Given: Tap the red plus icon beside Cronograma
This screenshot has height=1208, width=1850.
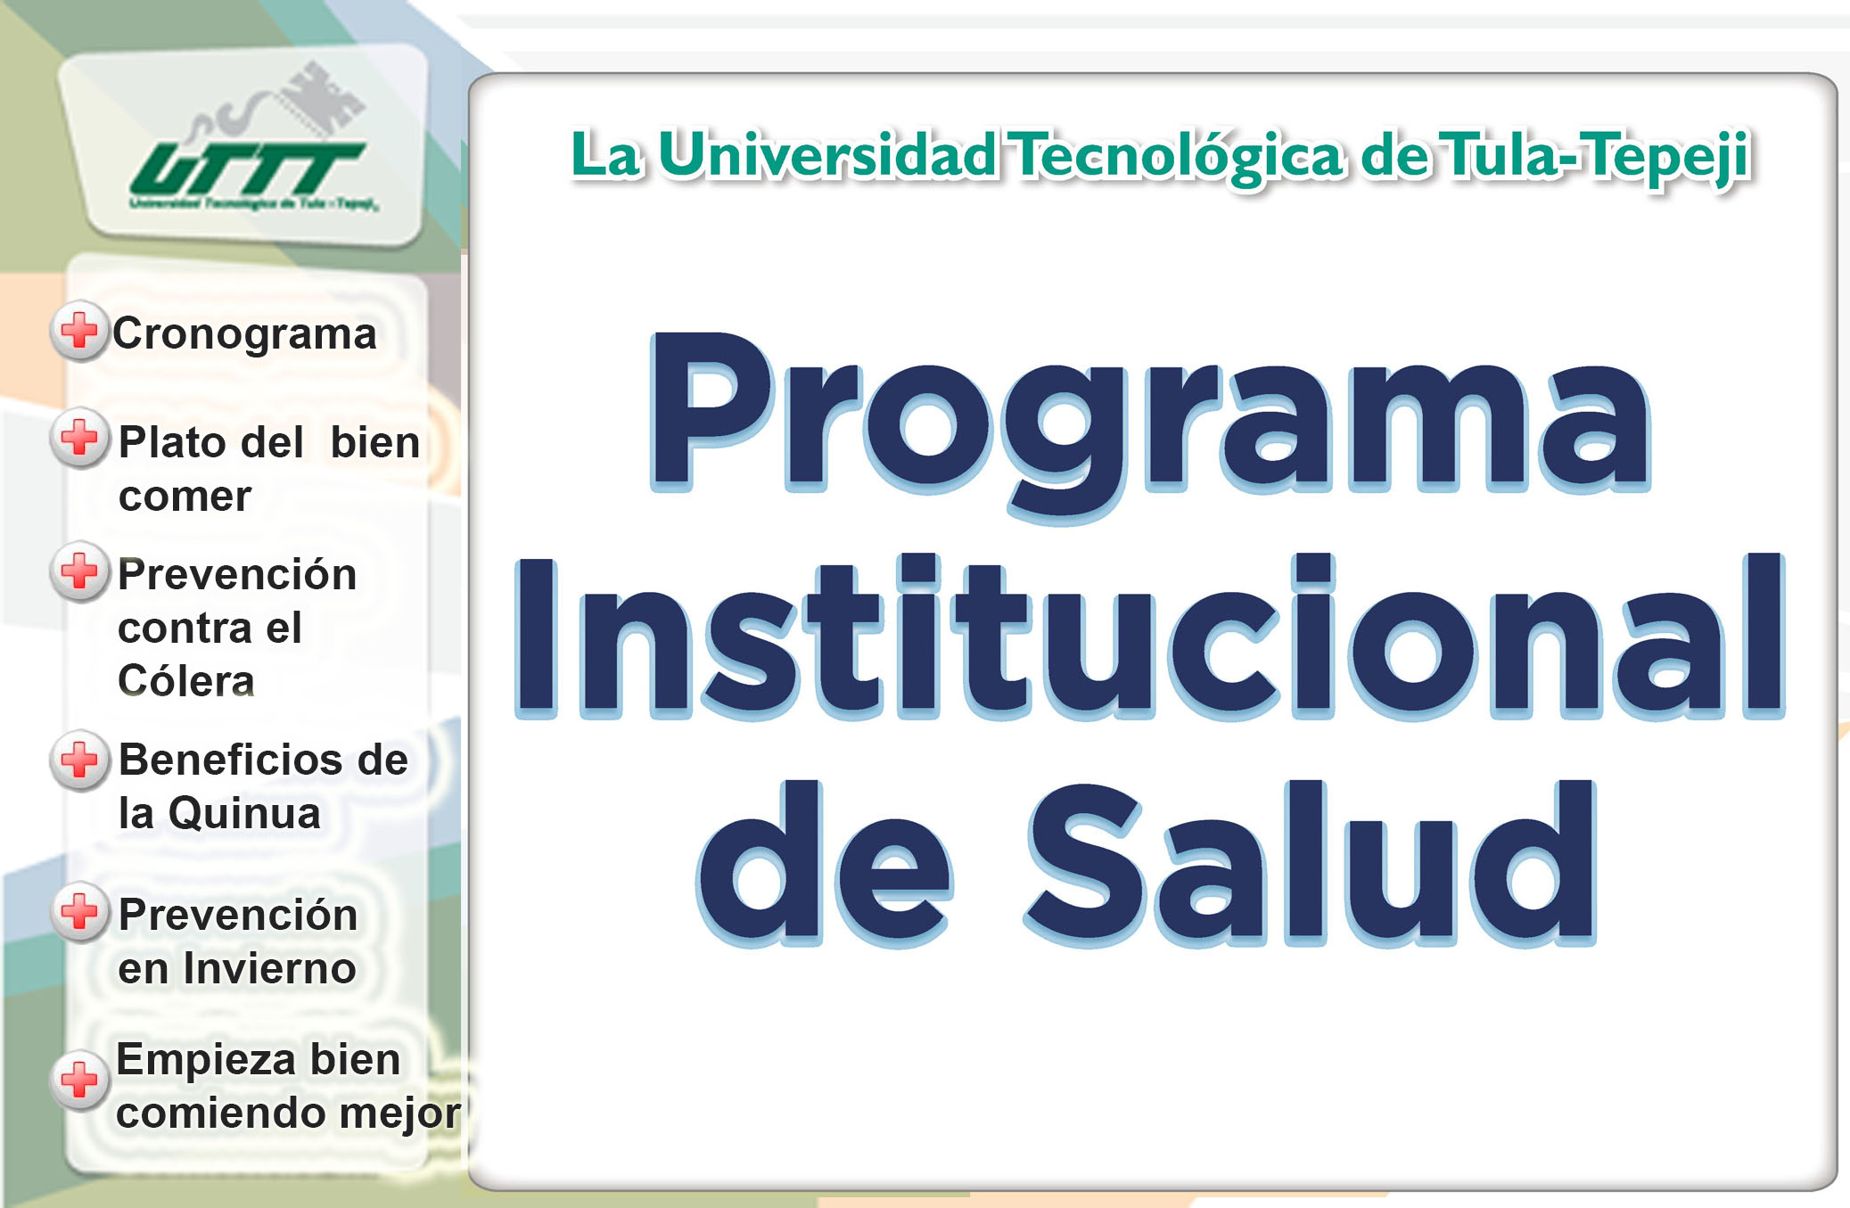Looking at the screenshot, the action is tap(79, 331).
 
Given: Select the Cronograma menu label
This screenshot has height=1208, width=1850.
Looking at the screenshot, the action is tap(244, 334).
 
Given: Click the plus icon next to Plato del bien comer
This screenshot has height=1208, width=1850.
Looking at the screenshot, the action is tap(79, 438).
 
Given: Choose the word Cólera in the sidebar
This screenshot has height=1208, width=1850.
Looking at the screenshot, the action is tap(186, 680).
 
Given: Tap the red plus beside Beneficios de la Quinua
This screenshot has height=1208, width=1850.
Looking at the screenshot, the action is tap(79, 760).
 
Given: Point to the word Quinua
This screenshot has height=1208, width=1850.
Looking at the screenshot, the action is tap(244, 814).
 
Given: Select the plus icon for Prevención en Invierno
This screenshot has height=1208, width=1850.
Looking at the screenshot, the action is tap(79, 912).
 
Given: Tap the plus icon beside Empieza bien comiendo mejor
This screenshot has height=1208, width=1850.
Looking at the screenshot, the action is tap(79, 1080).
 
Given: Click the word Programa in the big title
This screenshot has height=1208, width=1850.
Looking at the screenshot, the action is tap(1150, 423).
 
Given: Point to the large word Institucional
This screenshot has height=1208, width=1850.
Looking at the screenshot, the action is tap(1150, 635).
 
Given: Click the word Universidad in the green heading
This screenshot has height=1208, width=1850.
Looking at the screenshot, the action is tap(827, 155).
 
